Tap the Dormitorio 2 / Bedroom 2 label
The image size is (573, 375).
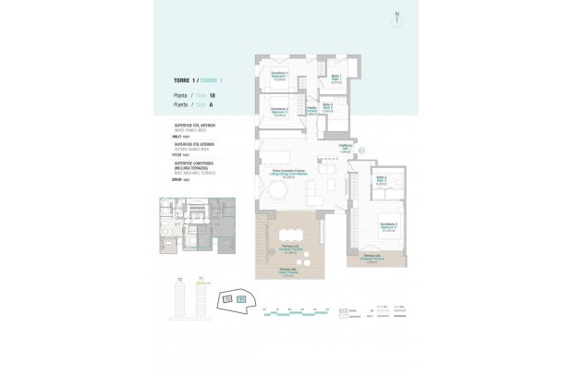[281, 112]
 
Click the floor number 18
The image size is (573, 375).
[213, 95]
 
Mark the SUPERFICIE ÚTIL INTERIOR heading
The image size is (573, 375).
[195, 123]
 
